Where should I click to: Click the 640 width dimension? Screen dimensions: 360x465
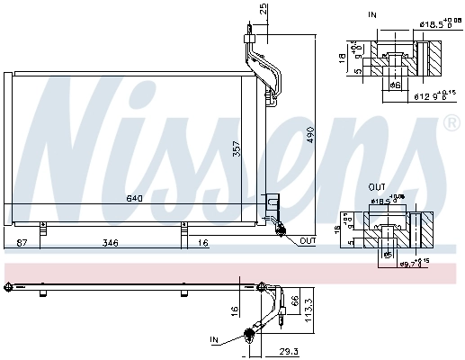pos(135,198)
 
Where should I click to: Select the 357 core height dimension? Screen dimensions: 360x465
pos(237,150)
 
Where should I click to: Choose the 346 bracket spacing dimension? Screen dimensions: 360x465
pos(110,243)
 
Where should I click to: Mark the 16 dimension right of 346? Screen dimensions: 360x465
pos(204,243)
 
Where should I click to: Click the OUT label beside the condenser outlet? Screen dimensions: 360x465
pos(308,240)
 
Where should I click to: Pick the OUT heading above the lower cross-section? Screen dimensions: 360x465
pos(377,188)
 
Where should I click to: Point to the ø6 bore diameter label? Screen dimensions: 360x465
pos(394,85)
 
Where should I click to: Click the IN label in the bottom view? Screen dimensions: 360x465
pos(215,340)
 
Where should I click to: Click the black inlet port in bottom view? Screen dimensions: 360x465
pos(247,337)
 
